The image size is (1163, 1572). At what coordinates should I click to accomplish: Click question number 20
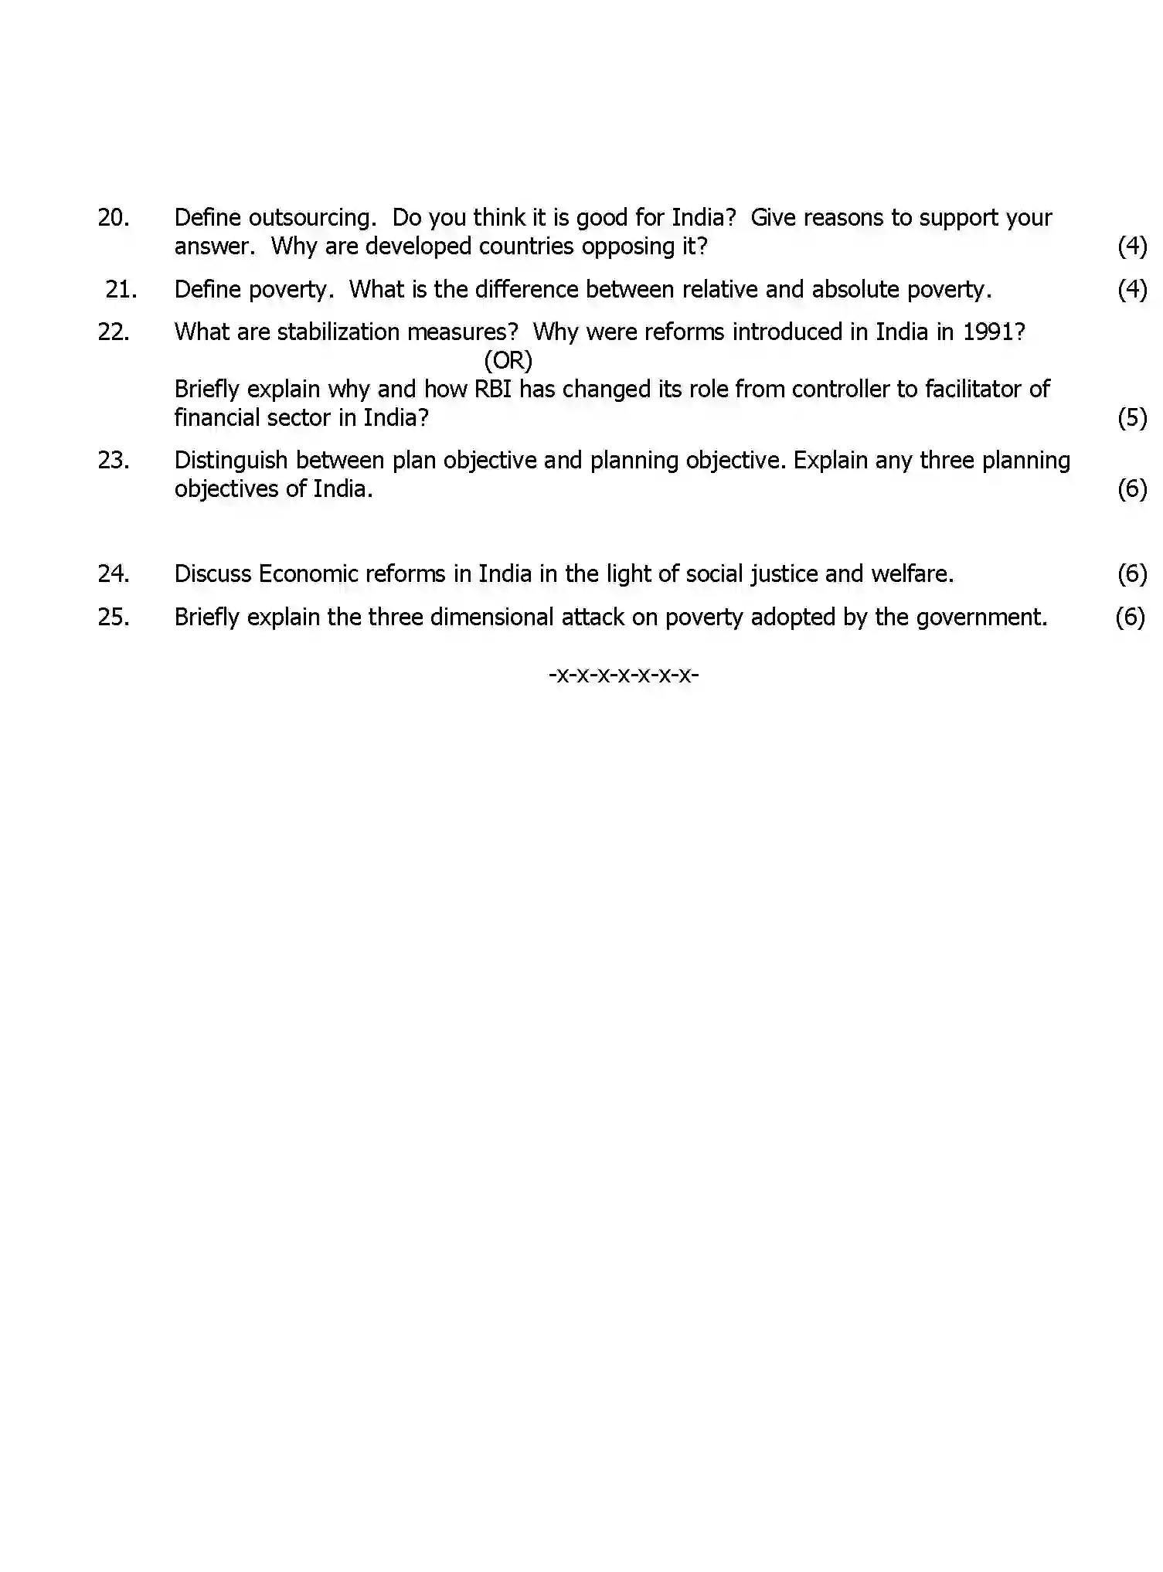[113, 218]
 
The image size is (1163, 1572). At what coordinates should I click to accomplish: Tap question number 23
[113, 461]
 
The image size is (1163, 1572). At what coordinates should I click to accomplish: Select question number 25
[113, 618]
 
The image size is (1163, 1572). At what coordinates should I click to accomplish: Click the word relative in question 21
[716, 290]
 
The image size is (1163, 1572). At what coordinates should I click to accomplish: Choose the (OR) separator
[508, 361]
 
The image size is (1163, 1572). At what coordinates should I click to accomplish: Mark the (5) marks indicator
[1132, 418]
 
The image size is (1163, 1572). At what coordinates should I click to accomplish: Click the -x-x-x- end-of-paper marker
[624, 675]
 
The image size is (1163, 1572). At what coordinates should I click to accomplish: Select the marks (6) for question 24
[1132, 574]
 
